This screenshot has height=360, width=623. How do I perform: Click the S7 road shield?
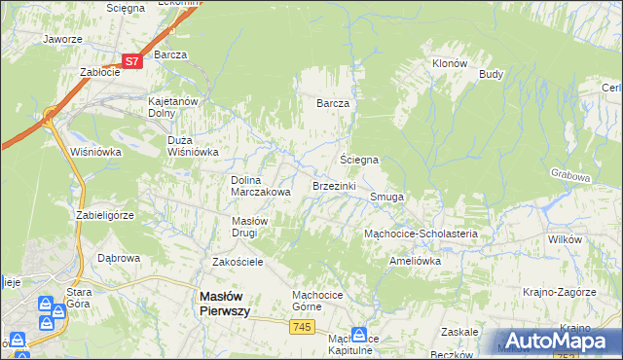(x=133, y=60)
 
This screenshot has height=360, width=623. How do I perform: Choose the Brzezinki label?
(x=334, y=185)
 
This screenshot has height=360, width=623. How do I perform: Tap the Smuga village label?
(x=386, y=197)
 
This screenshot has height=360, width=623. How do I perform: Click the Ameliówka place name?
(x=416, y=261)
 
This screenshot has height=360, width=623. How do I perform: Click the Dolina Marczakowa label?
(x=260, y=186)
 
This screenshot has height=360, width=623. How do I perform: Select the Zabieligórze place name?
(x=108, y=214)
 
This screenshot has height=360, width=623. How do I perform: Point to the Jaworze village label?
(x=62, y=40)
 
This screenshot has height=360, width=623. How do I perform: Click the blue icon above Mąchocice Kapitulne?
(x=358, y=333)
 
